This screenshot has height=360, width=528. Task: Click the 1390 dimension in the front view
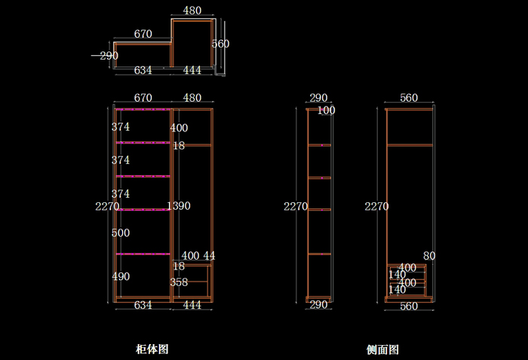coord(179,206)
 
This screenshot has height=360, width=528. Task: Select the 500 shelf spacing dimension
coord(121,233)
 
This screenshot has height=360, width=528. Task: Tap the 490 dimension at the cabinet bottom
coord(121,277)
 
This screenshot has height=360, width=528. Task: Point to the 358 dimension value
coord(179,282)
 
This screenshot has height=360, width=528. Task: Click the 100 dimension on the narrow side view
coord(327,111)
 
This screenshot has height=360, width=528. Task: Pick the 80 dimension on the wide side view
coord(430,256)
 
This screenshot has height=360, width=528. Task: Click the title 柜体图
coord(152,349)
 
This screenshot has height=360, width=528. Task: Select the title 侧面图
coord(382,349)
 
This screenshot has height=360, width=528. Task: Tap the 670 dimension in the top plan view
coord(143,34)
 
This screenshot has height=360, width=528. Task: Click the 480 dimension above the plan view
coord(192,11)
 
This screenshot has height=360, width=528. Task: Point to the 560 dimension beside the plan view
coord(220,44)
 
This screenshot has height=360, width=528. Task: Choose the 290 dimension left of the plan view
coord(109,56)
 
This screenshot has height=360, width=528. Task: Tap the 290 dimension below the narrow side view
coord(319,305)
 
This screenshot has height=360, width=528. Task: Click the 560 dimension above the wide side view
coord(409,98)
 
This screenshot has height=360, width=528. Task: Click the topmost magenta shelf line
coord(142,110)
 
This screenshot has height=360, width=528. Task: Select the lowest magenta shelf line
coord(142,254)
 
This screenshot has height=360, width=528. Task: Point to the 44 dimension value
coord(209,257)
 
